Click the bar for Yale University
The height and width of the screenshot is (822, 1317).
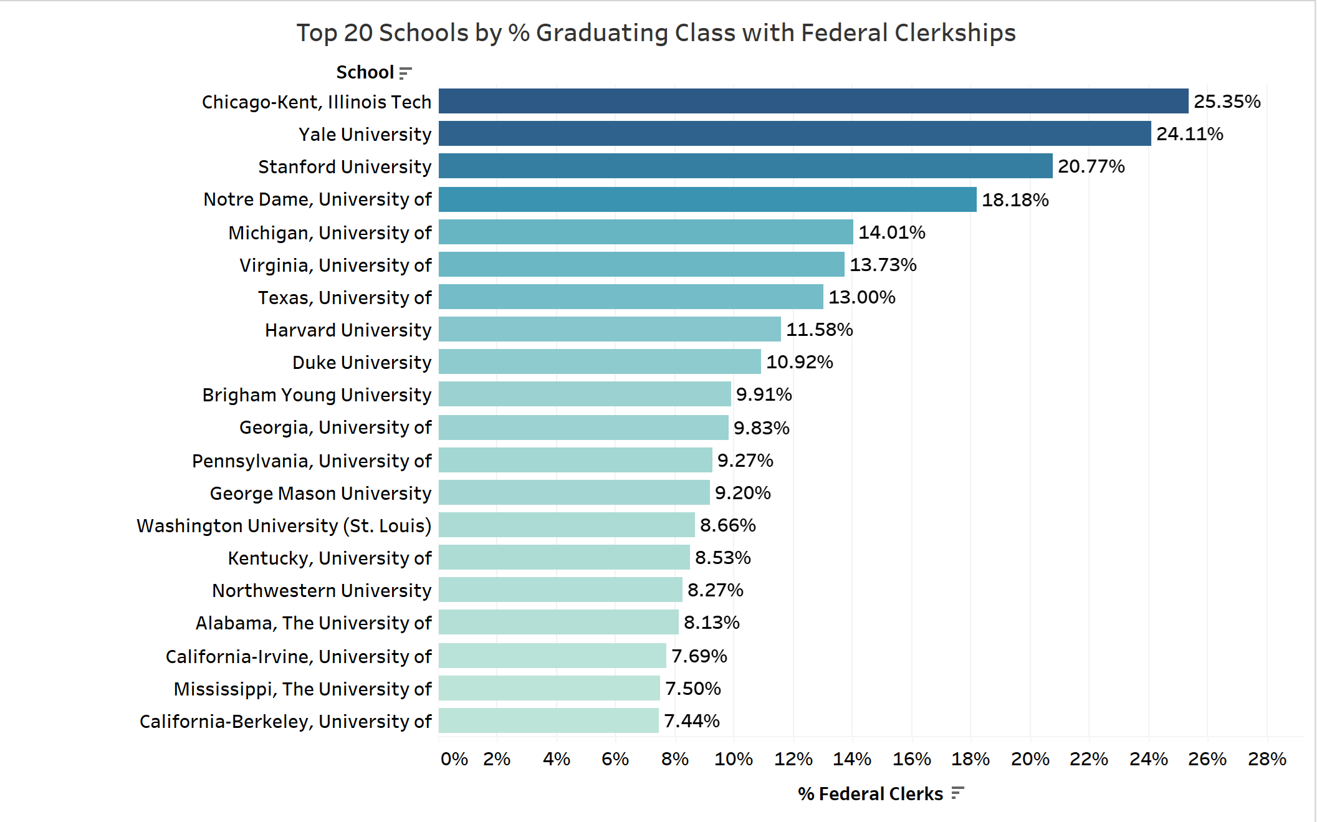(795, 133)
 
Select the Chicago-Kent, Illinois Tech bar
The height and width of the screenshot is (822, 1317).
(813, 101)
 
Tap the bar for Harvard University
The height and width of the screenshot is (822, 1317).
(610, 329)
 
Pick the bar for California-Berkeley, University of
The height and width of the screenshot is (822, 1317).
(548, 720)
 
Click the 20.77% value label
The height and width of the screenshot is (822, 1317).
(1091, 166)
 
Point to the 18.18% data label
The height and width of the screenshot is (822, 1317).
(1015, 200)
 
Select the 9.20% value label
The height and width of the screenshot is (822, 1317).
(742, 493)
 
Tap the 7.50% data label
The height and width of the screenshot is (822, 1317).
(692, 689)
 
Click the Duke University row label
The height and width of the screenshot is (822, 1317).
(362, 363)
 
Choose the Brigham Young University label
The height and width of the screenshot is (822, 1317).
(317, 395)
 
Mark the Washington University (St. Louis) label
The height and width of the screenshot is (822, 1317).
(284, 526)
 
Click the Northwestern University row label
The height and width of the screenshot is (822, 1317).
(322, 591)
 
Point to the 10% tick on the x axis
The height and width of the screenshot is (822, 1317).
(734, 759)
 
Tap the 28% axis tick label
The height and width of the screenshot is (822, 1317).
(1267, 759)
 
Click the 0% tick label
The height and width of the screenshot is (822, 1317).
(454, 759)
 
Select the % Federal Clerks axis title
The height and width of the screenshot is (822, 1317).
(870, 794)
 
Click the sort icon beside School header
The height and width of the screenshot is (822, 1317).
(405, 73)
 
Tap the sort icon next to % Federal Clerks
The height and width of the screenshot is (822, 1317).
(958, 793)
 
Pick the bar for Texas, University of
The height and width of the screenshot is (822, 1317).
(631, 297)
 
